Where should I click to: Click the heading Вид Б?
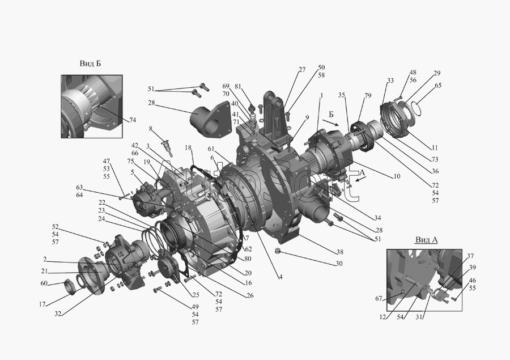pos(90,63)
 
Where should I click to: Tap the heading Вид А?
pos(426,240)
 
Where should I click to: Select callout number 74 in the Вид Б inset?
pos(133,120)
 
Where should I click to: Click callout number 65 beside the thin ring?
pos(438,85)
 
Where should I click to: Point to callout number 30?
pos(339,263)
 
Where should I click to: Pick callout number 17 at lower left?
pos(42,304)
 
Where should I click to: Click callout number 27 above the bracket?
pos(302,69)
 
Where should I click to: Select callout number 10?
pos(397,176)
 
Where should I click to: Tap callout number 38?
pos(339,252)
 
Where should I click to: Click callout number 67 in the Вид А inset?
pos(379,298)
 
